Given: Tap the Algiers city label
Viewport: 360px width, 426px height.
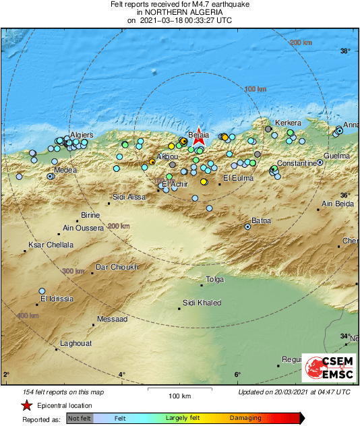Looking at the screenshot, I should [82, 135].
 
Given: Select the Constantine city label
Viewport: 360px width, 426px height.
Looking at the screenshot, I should [298, 164].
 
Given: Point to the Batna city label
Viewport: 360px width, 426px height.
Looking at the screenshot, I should [261, 220].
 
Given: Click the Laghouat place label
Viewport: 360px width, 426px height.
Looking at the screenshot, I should [76, 344].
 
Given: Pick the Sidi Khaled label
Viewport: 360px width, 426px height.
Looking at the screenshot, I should [202, 303].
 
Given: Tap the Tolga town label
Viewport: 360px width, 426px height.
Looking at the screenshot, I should [214, 278].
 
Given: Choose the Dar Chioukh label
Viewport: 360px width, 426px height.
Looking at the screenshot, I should [117, 267].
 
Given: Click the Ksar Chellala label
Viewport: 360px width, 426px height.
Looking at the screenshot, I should [51, 245].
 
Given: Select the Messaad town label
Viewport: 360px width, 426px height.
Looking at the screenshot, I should [113, 319].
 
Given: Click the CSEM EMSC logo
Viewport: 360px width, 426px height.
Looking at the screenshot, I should [328, 367].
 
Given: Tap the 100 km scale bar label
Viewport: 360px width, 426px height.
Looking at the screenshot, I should [179, 396].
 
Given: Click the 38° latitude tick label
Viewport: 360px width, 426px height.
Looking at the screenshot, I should [345, 52].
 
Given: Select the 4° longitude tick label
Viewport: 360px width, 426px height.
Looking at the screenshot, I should [122, 375].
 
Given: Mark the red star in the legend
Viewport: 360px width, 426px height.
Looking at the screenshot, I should [26, 406].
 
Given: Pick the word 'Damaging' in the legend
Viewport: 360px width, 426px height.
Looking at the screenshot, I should [245, 418].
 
